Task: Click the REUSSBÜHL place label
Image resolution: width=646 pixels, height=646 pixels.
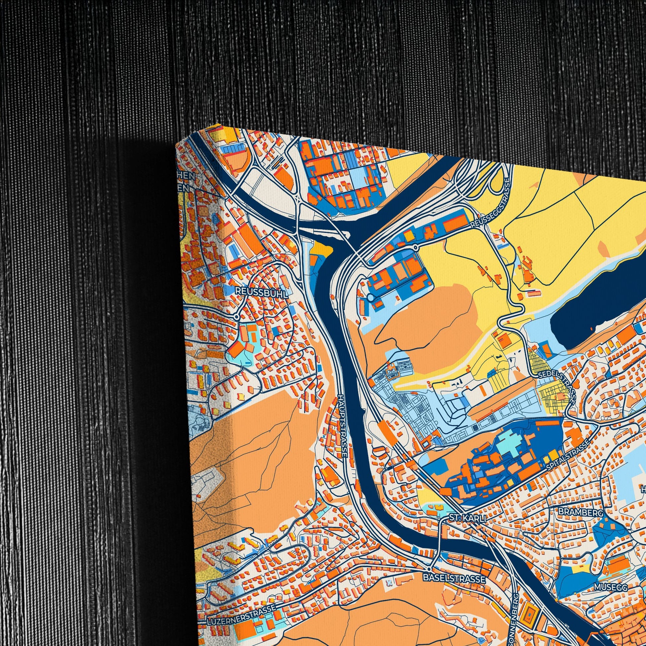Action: [262, 291]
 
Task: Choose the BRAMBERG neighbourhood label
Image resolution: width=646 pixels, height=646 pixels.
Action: [581, 512]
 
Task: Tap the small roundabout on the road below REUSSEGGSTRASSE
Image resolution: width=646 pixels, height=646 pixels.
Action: [415, 248]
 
